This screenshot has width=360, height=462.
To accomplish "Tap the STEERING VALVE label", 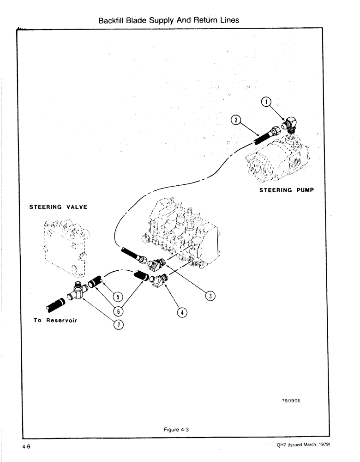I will [59, 207].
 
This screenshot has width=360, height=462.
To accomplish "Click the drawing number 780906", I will [290, 401].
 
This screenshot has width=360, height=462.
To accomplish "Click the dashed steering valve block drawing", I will [65, 245].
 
